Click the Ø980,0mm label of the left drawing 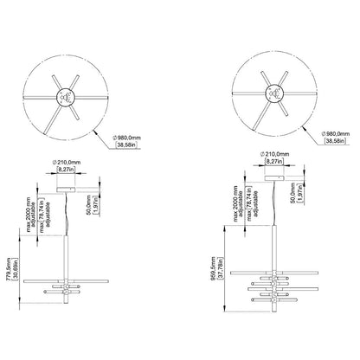click(x=126, y=138)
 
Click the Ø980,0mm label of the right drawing click(x=336, y=133)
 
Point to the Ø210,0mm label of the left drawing click(x=67, y=163)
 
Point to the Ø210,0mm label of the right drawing click(x=274, y=154)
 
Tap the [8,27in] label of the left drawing click(x=66, y=170)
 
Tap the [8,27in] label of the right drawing click(x=274, y=162)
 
